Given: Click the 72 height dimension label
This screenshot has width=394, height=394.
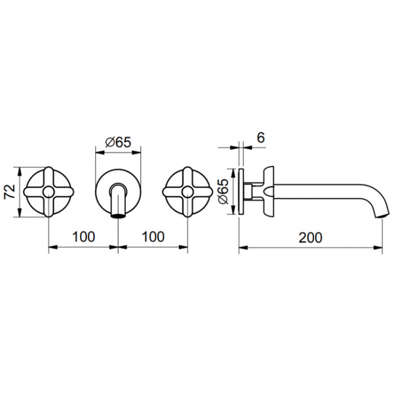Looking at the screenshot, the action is (x=10, y=192).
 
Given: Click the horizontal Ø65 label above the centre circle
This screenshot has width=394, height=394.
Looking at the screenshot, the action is (x=118, y=142).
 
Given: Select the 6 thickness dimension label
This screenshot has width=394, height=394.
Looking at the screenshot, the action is (x=261, y=138).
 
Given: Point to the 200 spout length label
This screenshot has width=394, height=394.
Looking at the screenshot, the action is (x=310, y=238).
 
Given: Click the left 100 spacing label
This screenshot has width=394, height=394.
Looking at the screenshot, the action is (x=84, y=236).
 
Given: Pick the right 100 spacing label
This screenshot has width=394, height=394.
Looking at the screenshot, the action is (x=153, y=236).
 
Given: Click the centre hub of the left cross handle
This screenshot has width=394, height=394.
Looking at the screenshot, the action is (x=48, y=192).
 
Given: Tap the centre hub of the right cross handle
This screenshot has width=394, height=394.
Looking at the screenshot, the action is (x=188, y=192).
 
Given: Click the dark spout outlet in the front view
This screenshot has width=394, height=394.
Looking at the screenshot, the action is (x=118, y=216).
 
